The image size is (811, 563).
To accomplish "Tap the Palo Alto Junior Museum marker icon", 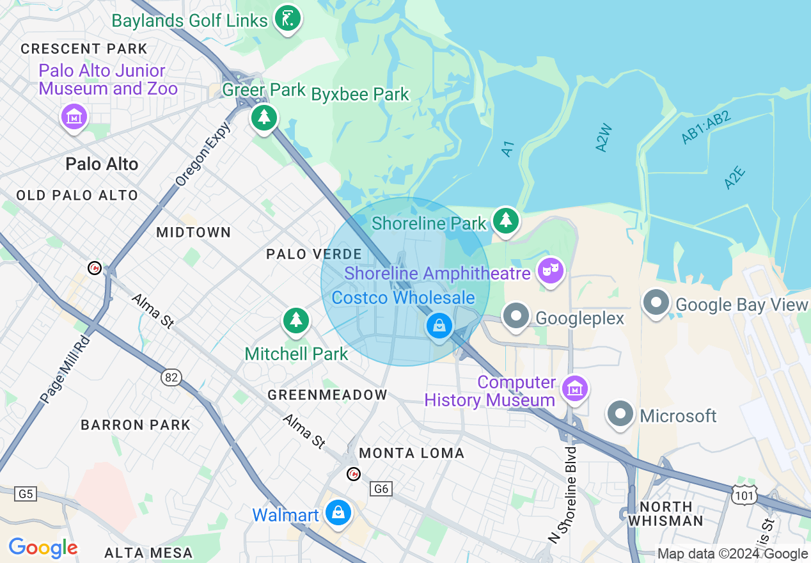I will click(74, 116).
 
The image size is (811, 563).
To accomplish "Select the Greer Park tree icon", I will click(264, 118).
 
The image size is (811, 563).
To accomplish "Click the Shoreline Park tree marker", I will click(505, 221).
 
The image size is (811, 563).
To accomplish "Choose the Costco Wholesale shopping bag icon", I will click(439, 326).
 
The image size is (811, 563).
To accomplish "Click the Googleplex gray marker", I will click(516, 317).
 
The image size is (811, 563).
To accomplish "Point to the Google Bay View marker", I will click(656, 303).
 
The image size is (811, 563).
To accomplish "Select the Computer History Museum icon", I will click(574, 388).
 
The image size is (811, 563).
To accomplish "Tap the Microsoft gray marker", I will click(619, 414).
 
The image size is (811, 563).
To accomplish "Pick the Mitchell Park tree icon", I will click(295, 321).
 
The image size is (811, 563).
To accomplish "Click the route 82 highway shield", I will click(171, 377).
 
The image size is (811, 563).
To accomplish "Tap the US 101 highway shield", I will click(746, 493).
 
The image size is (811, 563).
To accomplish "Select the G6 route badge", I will click(381, 489).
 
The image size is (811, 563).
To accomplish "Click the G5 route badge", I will click(25, 494).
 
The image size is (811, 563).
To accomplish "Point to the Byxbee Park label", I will click(359, 95).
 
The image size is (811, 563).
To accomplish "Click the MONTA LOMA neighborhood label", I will click(411, 453).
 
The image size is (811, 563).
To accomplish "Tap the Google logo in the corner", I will click(43, 548).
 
